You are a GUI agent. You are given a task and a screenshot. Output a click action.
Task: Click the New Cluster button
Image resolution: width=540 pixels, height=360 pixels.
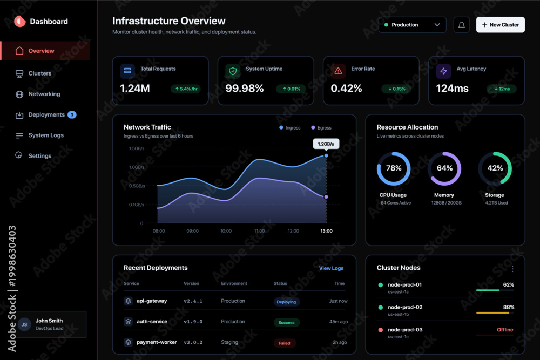[501, 25]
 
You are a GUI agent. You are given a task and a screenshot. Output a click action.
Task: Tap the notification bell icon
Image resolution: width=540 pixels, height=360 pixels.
[462, 25]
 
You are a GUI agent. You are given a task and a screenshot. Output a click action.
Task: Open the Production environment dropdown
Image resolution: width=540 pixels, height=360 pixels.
[412, 25]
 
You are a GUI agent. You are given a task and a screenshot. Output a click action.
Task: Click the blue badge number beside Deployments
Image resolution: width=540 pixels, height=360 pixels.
[72, 114]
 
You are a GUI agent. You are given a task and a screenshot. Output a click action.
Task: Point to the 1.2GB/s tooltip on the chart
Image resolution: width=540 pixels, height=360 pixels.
[326, 144]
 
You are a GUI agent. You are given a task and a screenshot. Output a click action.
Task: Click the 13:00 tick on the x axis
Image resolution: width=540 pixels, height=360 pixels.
[327, 231]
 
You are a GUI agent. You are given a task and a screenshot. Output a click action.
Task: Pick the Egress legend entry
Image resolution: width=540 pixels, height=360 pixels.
[321, 128]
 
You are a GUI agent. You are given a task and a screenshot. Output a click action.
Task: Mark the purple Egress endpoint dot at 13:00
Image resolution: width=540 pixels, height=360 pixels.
[326, 197]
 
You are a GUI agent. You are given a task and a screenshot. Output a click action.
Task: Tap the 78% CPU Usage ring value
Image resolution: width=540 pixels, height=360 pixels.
[394, 168]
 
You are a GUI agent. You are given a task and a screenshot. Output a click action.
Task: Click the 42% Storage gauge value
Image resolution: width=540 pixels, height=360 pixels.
[495, 168]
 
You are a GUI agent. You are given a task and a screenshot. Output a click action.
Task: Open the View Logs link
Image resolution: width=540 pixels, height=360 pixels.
[331, 268]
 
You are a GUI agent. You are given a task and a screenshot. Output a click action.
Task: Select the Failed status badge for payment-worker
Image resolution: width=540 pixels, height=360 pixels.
[285, 343]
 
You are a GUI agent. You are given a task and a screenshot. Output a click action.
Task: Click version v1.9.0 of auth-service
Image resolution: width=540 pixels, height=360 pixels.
[193, 322]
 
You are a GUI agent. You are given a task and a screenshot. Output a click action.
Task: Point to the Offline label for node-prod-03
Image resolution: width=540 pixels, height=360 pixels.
[505, 330]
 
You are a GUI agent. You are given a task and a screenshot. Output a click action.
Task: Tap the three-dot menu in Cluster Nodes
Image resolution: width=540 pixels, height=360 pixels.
[512, 268]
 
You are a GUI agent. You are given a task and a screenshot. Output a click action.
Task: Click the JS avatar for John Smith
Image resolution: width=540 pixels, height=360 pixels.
[24, 324]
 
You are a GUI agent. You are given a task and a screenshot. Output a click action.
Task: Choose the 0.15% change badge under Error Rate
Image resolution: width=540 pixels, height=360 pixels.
[397, 89]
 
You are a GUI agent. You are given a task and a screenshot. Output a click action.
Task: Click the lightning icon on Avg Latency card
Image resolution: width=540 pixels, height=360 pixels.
[443, 71]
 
